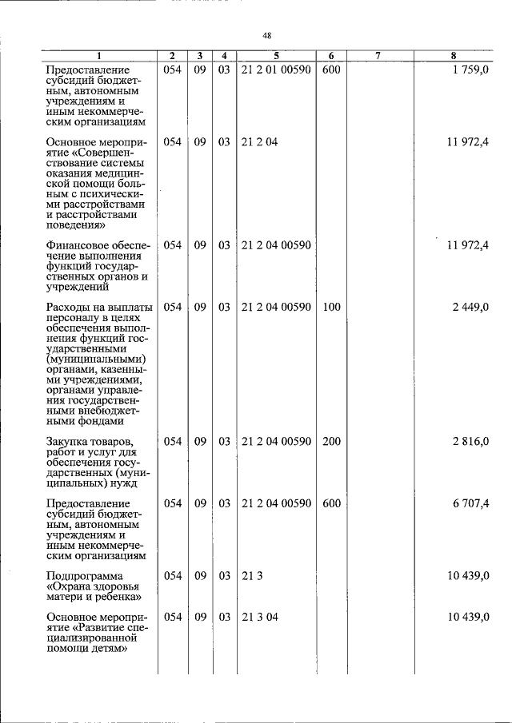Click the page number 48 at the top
(267, 35)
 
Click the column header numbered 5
(276, 56)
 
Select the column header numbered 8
(454, 56)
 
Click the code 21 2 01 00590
(276, 70)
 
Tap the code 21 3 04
(258, 618)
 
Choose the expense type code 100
(331, 307)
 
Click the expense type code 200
(331, 442)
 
